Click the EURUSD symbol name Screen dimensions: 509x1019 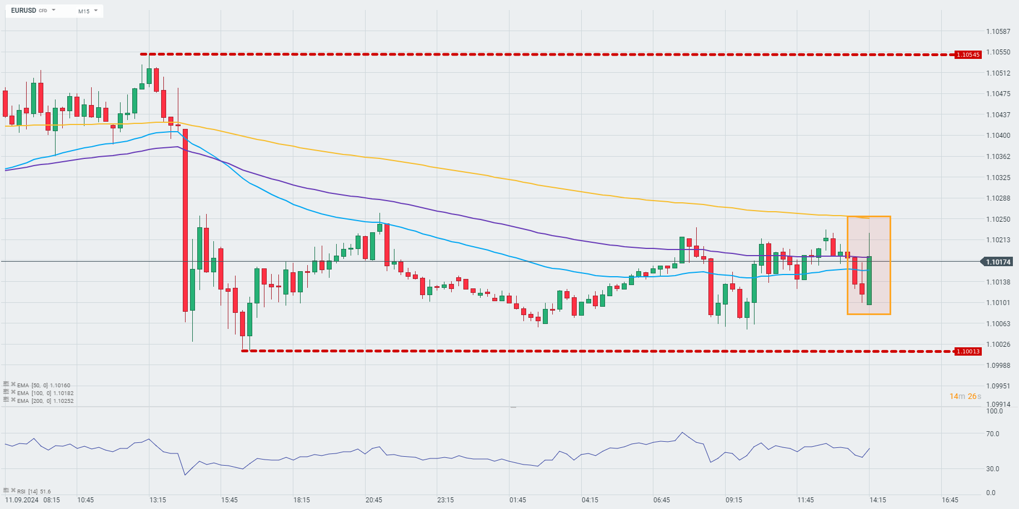coord(23,11)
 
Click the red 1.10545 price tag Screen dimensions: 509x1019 coord(967,54)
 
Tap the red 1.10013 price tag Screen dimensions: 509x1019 coord(967,351)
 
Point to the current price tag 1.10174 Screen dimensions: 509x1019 coord(998,262)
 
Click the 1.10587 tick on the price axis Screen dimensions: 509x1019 coord(998,31)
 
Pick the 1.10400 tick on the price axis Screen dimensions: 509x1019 coord(998,136)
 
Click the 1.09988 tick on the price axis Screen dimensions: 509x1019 coord(998,365)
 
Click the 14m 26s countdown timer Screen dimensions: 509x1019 coord(965,396)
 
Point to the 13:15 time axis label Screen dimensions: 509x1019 coord(158,500)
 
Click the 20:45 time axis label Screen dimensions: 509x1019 coord(373,500)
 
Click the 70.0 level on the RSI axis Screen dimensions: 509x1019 coord(992,434)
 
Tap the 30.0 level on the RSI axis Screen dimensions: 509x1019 coord(992,469)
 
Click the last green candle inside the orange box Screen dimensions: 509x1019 coord(869,280)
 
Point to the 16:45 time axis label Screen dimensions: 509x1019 coord(950,500)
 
